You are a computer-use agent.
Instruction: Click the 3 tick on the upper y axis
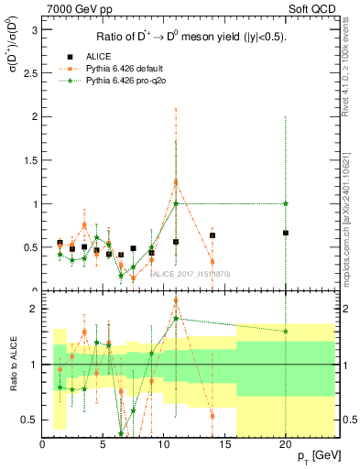click(34, 30)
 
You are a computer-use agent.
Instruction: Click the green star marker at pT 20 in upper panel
click(286, 203)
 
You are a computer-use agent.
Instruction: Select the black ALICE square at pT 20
click(286, 233)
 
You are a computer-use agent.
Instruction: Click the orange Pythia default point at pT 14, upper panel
click(213, 262)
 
